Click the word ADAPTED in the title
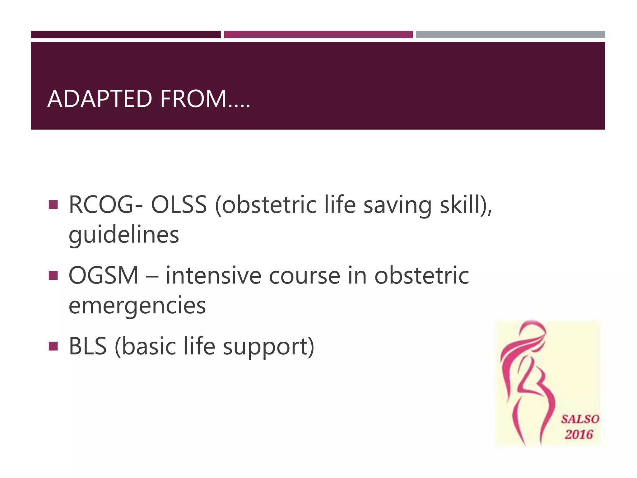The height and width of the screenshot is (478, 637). point(100,99)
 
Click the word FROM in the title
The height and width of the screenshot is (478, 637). point(193,99)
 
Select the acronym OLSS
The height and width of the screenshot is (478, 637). point(179,205)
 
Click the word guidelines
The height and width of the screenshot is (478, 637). point(124,235)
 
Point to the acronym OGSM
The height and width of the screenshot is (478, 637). point(103,275)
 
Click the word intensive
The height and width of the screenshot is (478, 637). point(213,275)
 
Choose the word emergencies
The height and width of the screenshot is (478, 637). point(137,306)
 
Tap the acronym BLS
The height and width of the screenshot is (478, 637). point(88,346)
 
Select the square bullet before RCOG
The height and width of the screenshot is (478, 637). point(53,205)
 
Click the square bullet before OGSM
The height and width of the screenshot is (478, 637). point(53,275)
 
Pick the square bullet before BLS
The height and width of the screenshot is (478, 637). point(53,346)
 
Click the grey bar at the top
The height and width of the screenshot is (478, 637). point(510,35)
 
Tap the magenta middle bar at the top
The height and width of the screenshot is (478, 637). point(318,35)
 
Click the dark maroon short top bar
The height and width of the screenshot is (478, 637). point(126,35)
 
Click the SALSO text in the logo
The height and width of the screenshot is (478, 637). point(580,419)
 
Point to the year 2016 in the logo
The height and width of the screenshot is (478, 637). point(579,434)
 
